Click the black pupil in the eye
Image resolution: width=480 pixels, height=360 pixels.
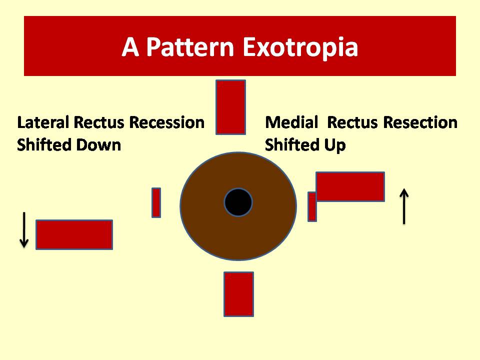[238, 202]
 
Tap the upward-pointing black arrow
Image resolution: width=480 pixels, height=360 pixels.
[404, 206]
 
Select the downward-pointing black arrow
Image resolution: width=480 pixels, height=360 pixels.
[24, 229]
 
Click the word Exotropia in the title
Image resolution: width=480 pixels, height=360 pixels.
[300, 47]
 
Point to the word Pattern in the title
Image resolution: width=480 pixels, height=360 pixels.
[190, 47]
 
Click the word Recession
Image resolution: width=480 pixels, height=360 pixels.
[167, 122]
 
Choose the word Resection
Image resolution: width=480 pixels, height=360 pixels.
[420, 122]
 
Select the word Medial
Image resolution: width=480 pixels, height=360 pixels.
[291, 122]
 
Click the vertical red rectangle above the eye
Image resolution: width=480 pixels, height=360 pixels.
[231, 107]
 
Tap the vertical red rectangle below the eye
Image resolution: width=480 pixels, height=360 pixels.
[239, 294]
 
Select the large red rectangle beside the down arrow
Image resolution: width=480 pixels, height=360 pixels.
[74, 234]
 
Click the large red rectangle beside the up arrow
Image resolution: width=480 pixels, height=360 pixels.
[350, 186]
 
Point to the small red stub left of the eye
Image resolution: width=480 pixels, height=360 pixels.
[156, 202]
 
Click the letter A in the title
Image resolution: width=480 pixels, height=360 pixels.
[130, 47]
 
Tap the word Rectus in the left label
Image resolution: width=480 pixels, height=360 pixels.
[99, 122]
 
